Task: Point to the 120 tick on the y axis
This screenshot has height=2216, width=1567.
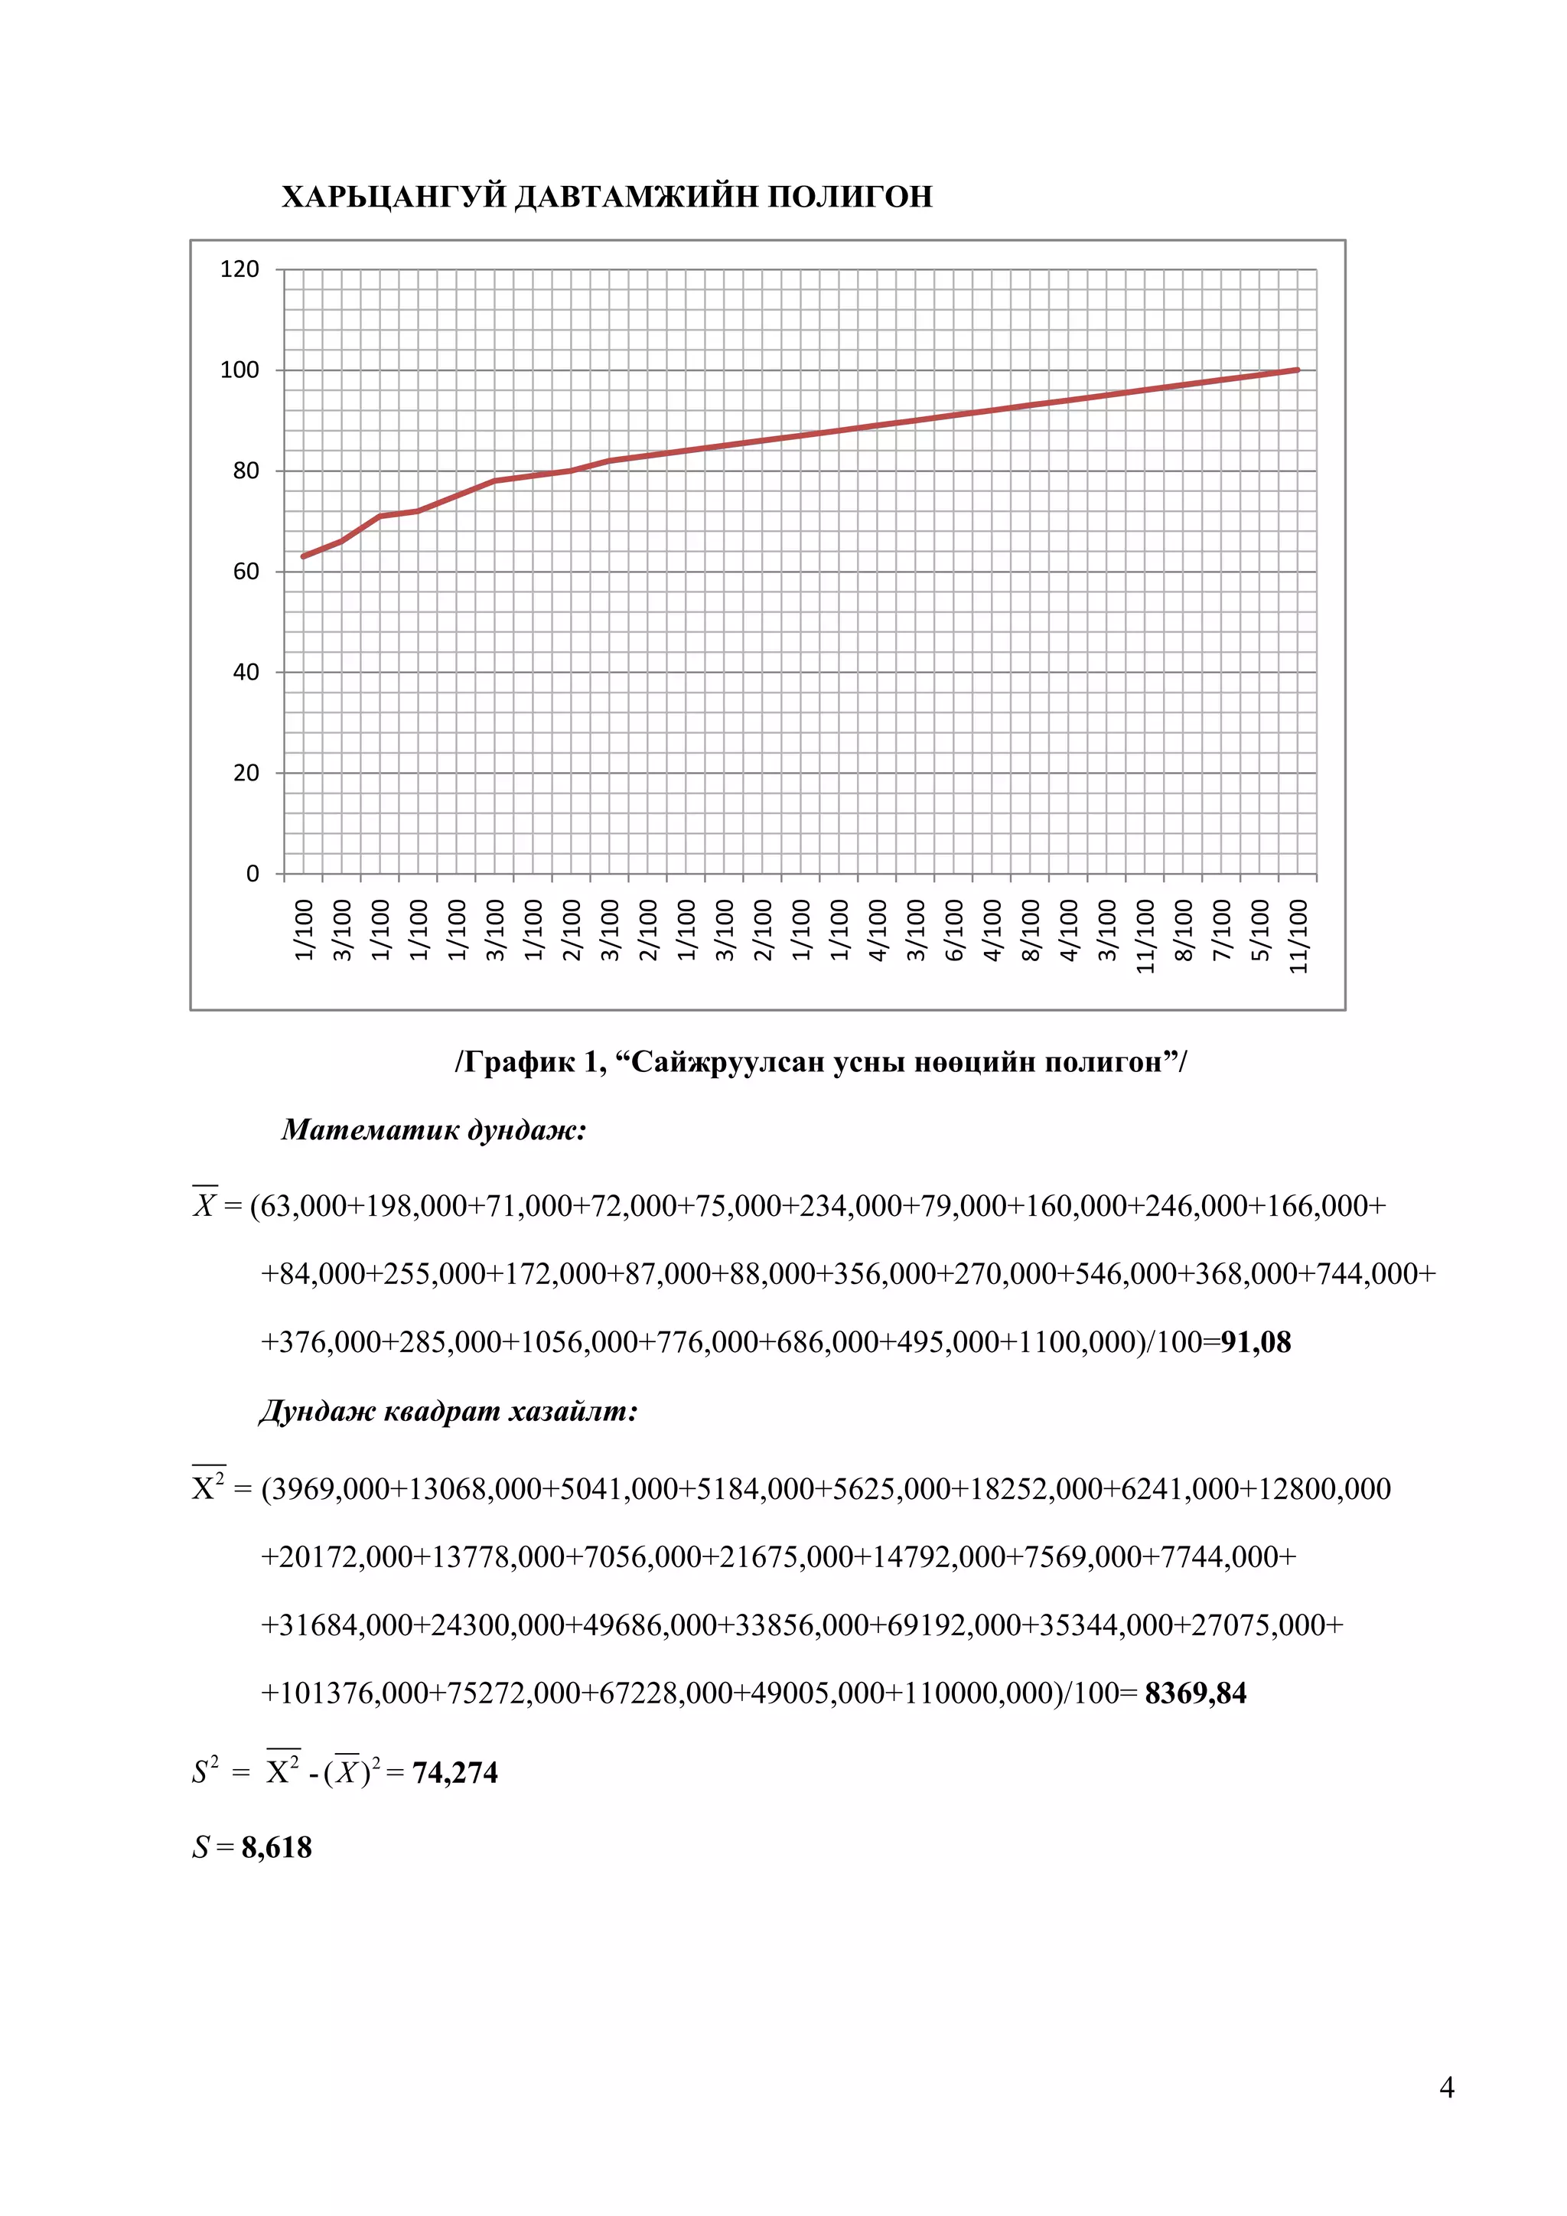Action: pos(239,269)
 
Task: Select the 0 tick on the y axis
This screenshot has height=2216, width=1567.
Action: pos(252,873)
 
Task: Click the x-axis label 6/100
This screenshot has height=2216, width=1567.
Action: pos(953,930)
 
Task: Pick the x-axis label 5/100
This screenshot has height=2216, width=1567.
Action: pos(1259,930)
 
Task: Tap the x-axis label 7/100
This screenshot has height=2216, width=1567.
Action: pos(1222,930)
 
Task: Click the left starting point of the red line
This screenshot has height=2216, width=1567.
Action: pos(304,556)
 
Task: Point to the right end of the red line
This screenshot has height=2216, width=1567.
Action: pos(1298,370)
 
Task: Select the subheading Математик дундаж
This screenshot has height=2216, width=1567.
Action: pos(433,1130)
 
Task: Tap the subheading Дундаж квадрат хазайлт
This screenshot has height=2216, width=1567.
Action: pos(448,1412)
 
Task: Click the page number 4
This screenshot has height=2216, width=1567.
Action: pos(1446,2087)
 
